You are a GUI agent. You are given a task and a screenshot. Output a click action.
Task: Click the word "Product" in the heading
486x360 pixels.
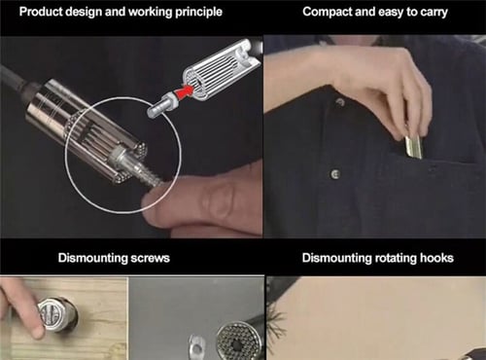pyautogui.click(x=41, y=12)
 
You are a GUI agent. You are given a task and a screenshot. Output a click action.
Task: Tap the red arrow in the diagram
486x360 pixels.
pyautogui.click(x=183, y=91)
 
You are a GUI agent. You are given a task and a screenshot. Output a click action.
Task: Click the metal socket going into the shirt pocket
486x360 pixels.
pyautogui.click(x=413, y=148)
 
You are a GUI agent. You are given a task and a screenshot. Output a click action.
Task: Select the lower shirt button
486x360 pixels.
pyautogui.click(x=335, y=174)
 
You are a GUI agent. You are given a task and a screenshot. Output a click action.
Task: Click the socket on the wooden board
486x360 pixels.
pyautogui.click(x=57, y=314)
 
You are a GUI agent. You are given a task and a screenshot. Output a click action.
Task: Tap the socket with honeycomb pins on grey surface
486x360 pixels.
pyautogui.click(x=235, y=340)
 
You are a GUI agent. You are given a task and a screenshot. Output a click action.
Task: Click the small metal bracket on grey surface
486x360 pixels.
pyautogui.click(x=197, y=344)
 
